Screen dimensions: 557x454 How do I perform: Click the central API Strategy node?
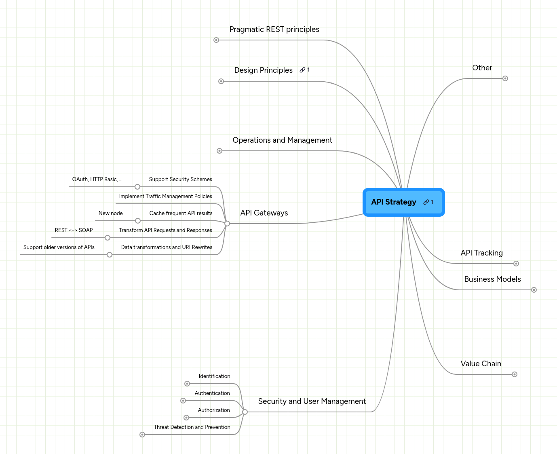click(403, 202)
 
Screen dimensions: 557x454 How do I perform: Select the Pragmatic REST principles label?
click(274, 29)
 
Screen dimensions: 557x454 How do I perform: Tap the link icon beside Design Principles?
click(302, 70)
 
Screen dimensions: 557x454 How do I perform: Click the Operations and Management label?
click(282, 140)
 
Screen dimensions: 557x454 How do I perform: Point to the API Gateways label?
click(264, 213)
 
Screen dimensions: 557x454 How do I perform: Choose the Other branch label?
click(482, 68)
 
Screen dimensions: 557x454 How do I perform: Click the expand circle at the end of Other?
click(505, 78)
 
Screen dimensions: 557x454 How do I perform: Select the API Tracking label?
click(481, 253)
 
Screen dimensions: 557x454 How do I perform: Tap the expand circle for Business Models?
click(534, 290)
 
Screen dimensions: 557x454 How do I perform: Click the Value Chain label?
click(481, 363)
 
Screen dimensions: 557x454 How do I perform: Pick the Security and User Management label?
click(312, 401)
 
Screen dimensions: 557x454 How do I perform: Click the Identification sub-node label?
click(214, 376)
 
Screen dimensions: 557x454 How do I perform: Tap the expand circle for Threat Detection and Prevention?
click(142, 435)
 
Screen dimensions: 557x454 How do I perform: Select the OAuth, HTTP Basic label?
click(97, 179)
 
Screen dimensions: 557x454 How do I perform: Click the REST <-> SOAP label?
click(74, 230)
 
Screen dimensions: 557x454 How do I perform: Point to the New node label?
click(111, 213)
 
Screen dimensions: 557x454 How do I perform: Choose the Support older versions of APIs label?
click(59, 247)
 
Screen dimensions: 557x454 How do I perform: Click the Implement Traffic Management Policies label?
click(166, 196)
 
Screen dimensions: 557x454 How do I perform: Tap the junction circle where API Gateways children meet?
click(227, 224)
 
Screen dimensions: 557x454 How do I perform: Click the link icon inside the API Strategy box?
click(426, 202)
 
